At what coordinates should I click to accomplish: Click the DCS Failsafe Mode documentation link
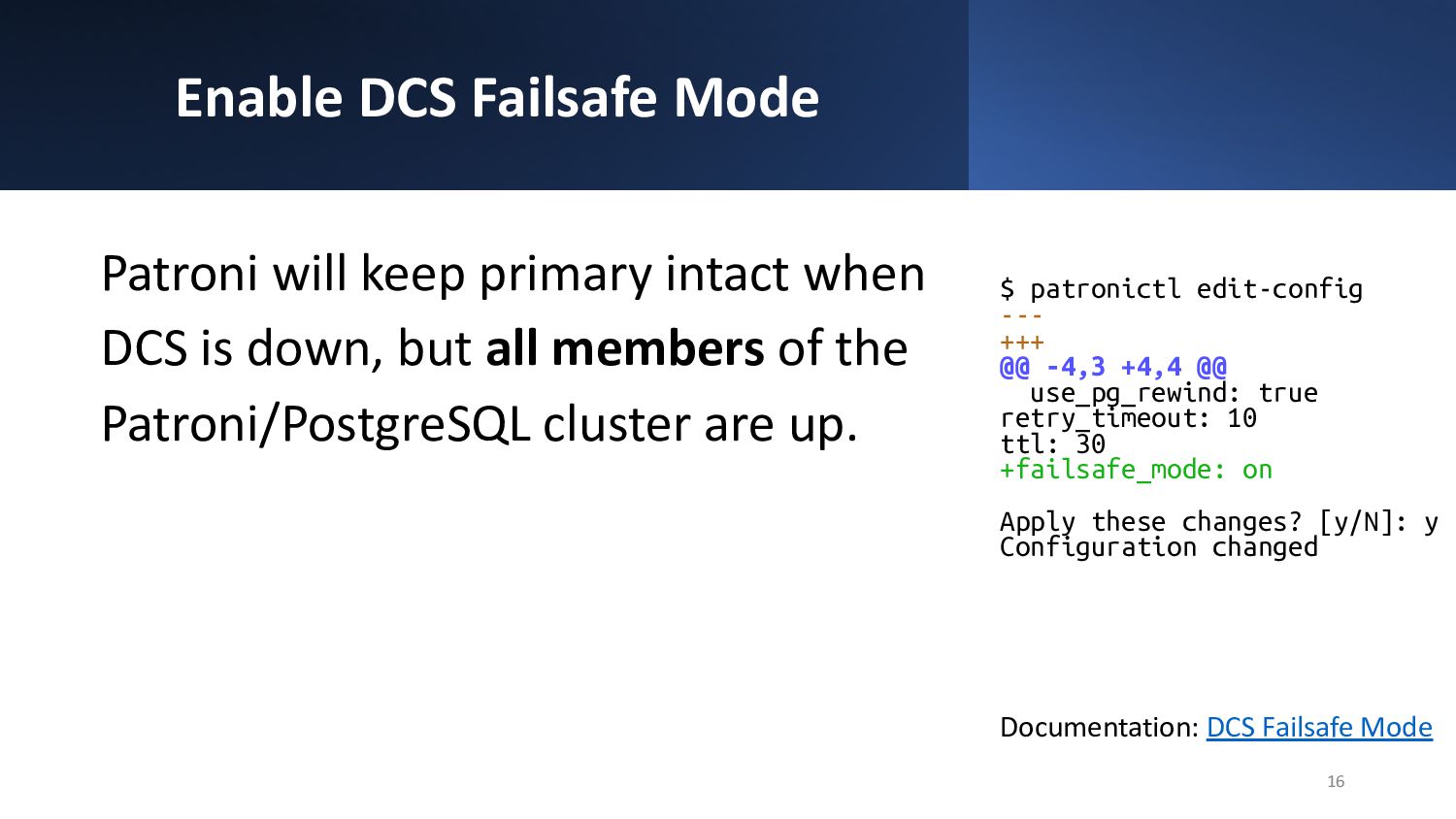(x=1319, y=727)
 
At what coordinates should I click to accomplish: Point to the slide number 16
(x=1335, y=781)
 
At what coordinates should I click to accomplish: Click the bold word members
(x=658, y=348)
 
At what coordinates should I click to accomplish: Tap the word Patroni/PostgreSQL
(x=315, y=425)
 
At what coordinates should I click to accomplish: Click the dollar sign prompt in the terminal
(x=1007, y=289)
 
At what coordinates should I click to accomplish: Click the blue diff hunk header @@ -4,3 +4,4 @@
(x=1112, y=367)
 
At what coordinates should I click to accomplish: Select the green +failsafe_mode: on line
(x=1136, y=470)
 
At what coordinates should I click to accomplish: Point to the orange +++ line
(x=1022, y=342)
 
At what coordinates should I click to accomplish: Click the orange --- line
(x=1022, y=316)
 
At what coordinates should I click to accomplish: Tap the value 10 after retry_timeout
(x=1241, y=418)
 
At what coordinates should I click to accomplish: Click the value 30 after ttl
(x=1090, y=444)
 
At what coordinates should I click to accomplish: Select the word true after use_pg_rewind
(x=1288, y=393)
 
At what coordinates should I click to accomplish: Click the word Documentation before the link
(x=1099, y=728)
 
